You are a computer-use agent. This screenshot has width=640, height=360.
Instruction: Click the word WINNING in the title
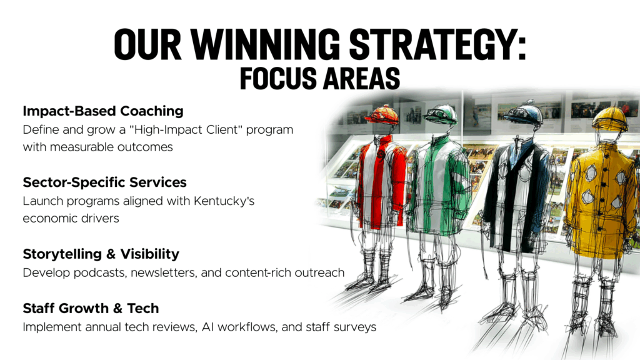(265, 44)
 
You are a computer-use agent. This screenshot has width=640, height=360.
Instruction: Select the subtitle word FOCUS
(277, 78)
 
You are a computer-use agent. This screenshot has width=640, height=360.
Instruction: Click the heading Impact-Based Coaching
(103, 111)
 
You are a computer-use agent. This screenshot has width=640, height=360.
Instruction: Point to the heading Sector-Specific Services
(104, 182)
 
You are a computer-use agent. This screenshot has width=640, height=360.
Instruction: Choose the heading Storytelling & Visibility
(101, 254)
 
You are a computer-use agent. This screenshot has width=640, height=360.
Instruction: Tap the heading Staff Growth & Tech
(91, 308)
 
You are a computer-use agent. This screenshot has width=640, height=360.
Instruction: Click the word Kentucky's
(224, 201)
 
